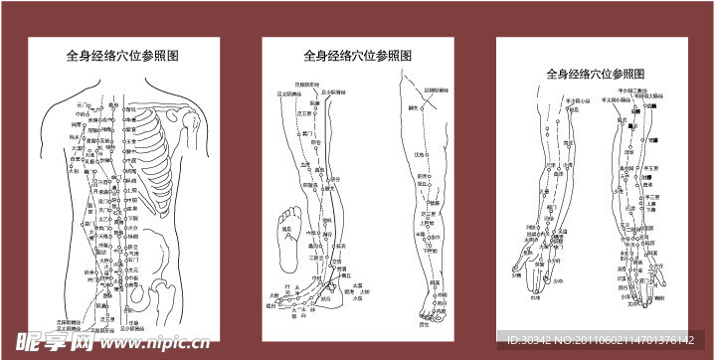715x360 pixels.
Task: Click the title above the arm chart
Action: [x=596, y=74]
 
